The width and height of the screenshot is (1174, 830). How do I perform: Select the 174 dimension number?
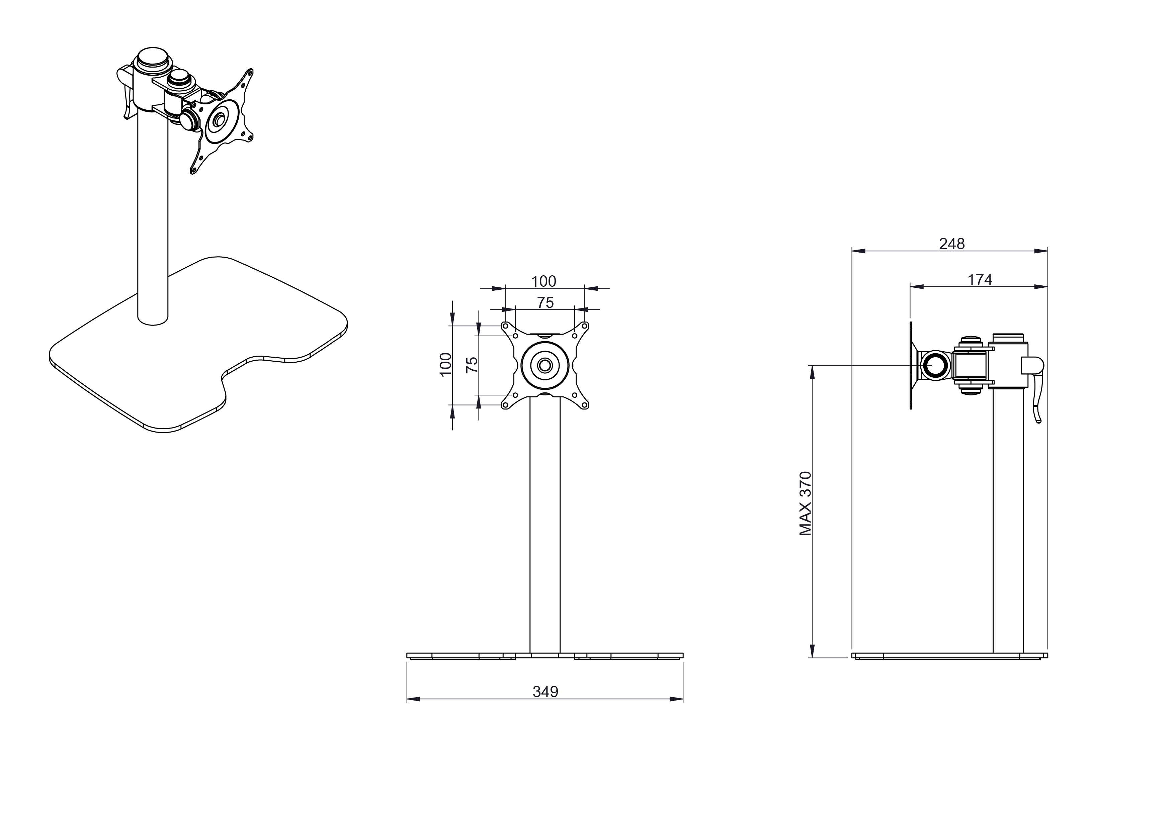pyautogui.click(x=980, y=280)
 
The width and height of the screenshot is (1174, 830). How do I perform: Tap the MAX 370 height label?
pyautogui.click(x=806, y=503)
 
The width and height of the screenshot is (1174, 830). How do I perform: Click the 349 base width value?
pyautogui.click(x=545, y=692)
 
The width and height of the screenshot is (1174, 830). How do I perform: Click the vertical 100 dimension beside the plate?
pyautogui.click(x=446, y=364)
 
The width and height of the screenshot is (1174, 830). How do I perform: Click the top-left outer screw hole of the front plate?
pyautogui.click(x=505, y=326)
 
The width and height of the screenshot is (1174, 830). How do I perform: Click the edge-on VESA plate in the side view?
pyautogui.click(x=911, y=365)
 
